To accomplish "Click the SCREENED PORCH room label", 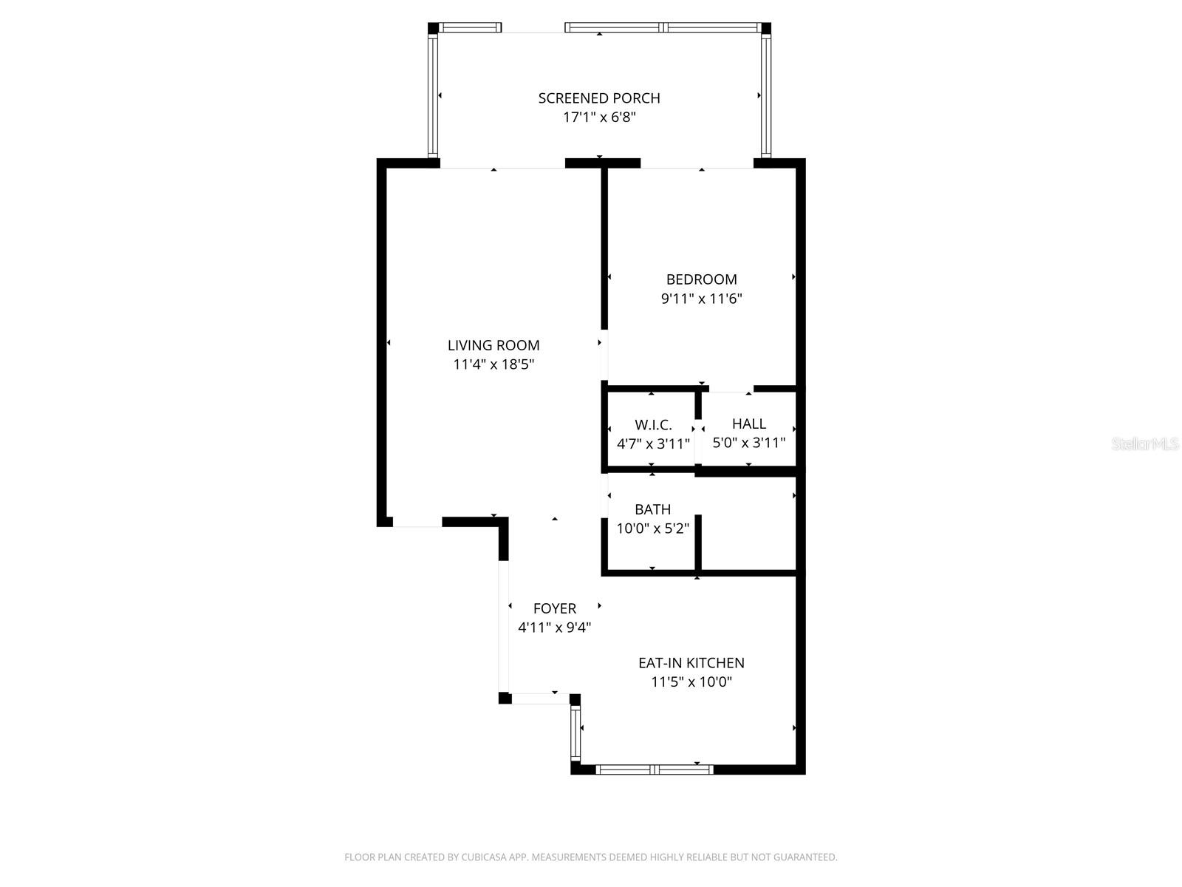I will (x=598, y=98).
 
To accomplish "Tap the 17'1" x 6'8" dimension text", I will (x=598, y=118).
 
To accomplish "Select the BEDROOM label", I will (x=701, y=279).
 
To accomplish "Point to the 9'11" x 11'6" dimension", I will (x=701, y=299).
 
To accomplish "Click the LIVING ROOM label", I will (x=493, y=345).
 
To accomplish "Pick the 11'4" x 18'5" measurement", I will (x=493, y=364).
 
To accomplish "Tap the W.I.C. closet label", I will (x=653, y=425).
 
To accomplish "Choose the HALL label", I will (x=748, y=424).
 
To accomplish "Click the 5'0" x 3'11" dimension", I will (x=748, y=443).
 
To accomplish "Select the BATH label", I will (x=652, y=509).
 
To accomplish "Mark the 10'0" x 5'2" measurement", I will (x=652, y=529).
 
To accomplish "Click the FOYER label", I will (x=554, y=608).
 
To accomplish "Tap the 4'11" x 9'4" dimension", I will (x=554, y=628).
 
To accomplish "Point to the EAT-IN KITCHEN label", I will (x=691, y=663).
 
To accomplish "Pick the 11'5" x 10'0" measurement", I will (x=691, y=682).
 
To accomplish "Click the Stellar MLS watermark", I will (x=1144, y=443).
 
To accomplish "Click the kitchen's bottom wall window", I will (x=655, y=769).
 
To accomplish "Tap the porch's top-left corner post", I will (x=434, y=28).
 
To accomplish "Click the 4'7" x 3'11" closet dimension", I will (x=653, y=444).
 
